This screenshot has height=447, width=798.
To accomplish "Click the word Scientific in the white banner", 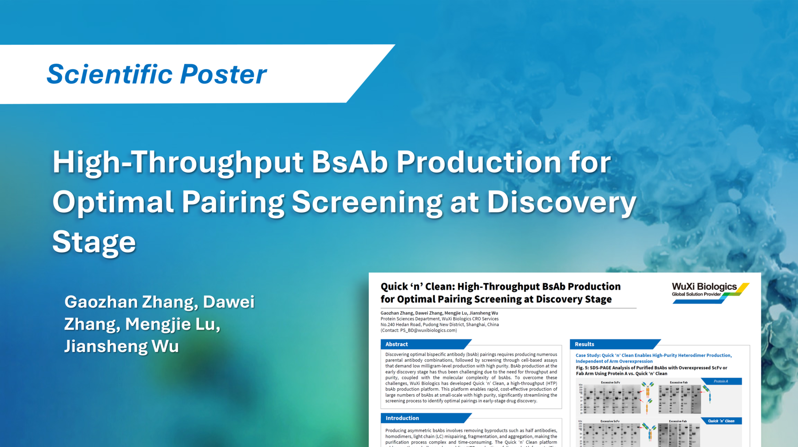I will pyautogui.click(x=109, y=74).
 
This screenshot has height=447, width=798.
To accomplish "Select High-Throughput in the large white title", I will pyautogui.click(x=178, y=163).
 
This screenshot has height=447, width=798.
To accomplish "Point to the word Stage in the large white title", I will pyautogui.click(x=94, y=242).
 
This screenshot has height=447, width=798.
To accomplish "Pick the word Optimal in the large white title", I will pyautogui.click(x=112, y=202).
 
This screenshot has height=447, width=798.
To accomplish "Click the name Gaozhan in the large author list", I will pyautogui.click(x=101, y=302).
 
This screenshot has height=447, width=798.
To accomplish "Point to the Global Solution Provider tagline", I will pyautogui.click(x=696, y=294).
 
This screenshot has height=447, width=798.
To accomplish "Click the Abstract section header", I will pyautogui.click(x=396, y=344).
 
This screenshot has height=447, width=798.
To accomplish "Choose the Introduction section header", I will pyautogui.click(x=402, y=418).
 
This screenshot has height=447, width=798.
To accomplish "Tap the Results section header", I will pyautogui.click(x=584, y=344).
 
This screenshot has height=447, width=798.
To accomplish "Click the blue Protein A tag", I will pyautogui.click(x=721, y=381).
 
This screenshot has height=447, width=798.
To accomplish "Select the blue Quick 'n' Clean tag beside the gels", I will pyautogui.click(x=721, y=421).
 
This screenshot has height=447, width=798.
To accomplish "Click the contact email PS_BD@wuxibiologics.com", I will pyautogui.click(x=428, y=330).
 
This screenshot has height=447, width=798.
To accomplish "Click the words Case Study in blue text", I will pyautogui.click(x=587, y=356).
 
